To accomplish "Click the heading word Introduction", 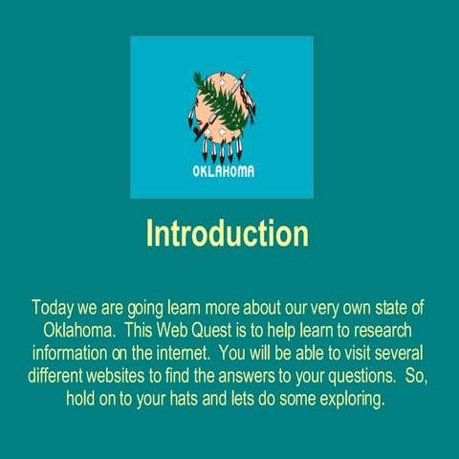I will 227,233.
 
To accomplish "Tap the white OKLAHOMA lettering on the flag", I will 224,172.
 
